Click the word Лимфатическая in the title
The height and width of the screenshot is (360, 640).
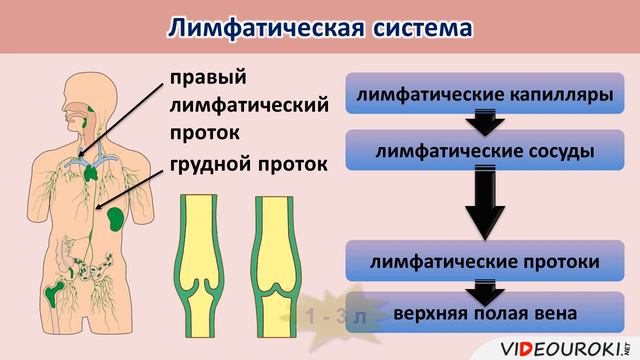click(263, 28)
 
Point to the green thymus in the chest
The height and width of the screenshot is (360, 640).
click(92, 167)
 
